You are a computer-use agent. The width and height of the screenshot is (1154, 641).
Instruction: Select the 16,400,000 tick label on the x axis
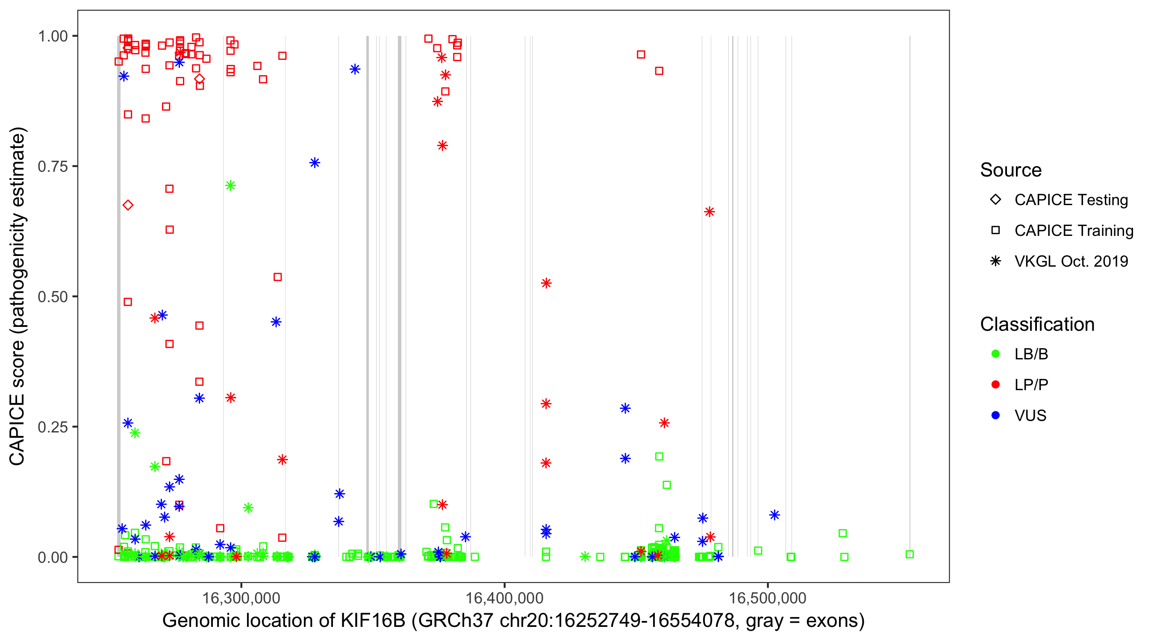[x=504, y=598]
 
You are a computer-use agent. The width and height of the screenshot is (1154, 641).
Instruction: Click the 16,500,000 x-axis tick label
[x=768, y=598]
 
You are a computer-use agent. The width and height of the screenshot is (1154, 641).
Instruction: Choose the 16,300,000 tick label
[x=241, y=598]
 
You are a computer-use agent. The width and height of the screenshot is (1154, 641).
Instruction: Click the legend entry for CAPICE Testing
[x=1071, y=200]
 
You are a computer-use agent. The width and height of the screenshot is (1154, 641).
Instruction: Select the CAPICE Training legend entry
[x=1074, y=231]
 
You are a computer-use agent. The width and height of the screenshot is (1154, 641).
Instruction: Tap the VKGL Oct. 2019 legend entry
[x=1071, y=261]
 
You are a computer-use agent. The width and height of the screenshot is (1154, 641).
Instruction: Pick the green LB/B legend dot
[x=996, y=354]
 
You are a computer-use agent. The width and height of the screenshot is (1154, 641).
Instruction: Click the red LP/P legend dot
[x=996, y=385]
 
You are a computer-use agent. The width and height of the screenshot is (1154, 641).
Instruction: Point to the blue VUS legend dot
[x=996, y=416]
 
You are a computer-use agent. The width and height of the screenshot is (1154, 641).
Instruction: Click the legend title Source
[x=1011, y=170]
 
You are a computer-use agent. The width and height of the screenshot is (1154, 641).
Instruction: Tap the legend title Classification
[x=1037, y=324]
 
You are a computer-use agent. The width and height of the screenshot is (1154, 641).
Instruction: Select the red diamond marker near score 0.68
[x=128, y=205]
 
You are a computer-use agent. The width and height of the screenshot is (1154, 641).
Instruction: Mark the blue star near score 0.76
[x=315, y=163]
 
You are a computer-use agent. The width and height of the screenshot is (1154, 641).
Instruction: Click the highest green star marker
[x=231, y=185]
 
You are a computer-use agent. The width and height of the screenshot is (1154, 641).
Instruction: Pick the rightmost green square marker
[x=910, y=555]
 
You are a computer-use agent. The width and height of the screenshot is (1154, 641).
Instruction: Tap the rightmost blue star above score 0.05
[x=774, y=515]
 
